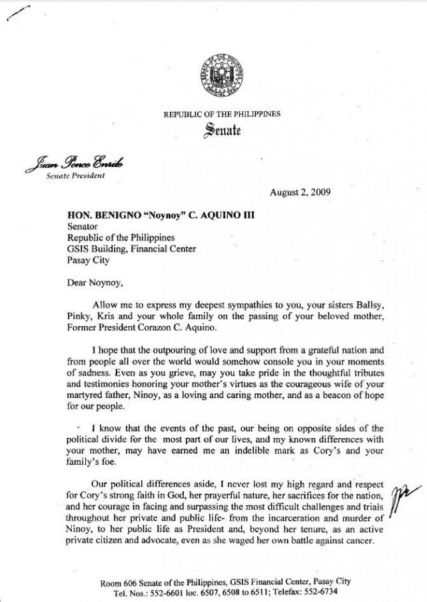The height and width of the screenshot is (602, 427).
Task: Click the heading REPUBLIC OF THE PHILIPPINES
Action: (x=222, y=115)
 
